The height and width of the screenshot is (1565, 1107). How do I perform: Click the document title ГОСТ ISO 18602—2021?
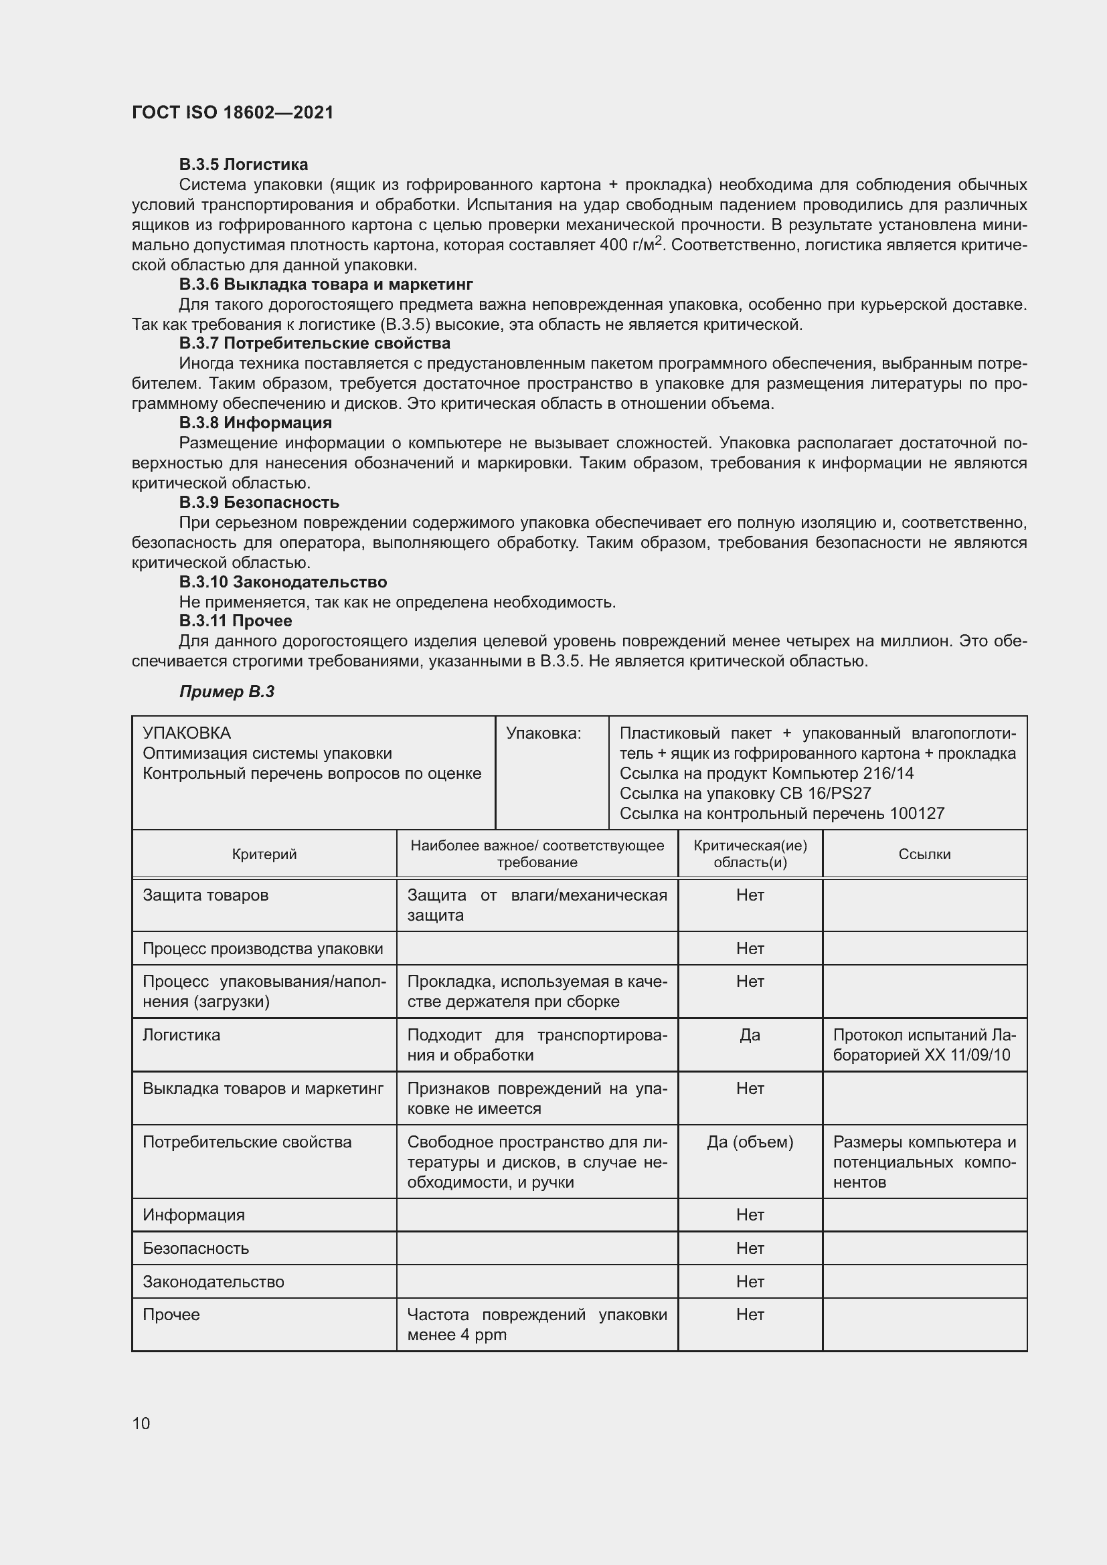(x=232, y=112)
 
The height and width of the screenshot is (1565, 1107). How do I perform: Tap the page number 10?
(x=141, y=1423)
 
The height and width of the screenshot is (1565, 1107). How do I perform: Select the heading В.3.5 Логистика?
(x=244, y=165)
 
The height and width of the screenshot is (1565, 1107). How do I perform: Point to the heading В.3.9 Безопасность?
(x=259, y=502)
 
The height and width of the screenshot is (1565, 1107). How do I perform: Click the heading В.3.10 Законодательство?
(x=283, y=582)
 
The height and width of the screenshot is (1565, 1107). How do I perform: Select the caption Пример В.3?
(x=226, y=692)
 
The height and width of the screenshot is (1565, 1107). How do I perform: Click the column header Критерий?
(x=264, y=854)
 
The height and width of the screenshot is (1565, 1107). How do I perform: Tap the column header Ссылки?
(x=924, y=854)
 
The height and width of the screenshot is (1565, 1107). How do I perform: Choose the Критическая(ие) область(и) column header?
(x=750, y=854)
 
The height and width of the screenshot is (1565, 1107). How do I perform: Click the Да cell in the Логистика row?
(x=750, y=1034)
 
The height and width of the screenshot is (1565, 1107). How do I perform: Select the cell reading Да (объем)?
(x=750, y=1141)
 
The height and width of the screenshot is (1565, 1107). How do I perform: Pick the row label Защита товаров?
(x=205, y=895)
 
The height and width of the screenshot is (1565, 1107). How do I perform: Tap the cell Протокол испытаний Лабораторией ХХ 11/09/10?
(x=924, y=1045)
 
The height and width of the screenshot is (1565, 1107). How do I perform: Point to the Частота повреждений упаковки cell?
(x=537, y=1324)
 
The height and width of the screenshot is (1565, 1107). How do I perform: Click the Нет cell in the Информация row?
(x=750, y=1214)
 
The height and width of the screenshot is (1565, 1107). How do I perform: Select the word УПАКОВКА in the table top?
(x=187, y=733)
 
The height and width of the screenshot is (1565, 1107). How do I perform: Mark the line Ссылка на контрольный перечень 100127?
(x=782, y=813)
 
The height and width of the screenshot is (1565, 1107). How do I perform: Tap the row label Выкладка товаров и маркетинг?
(x=263, y=1089)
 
